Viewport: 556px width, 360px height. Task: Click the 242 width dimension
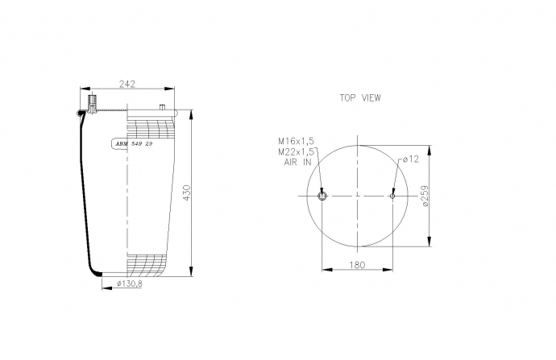127,84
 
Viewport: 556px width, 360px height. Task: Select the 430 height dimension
186,192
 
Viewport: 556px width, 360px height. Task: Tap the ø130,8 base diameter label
130,283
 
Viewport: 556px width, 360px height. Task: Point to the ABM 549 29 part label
134,144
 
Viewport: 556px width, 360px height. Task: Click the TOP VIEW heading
360,97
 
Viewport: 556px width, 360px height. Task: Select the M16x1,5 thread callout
296,141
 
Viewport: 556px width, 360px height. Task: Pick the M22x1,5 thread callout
296,152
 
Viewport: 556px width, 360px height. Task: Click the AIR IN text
297,163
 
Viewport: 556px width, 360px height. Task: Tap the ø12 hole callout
411,159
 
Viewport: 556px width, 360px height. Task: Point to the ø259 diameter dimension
424,196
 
